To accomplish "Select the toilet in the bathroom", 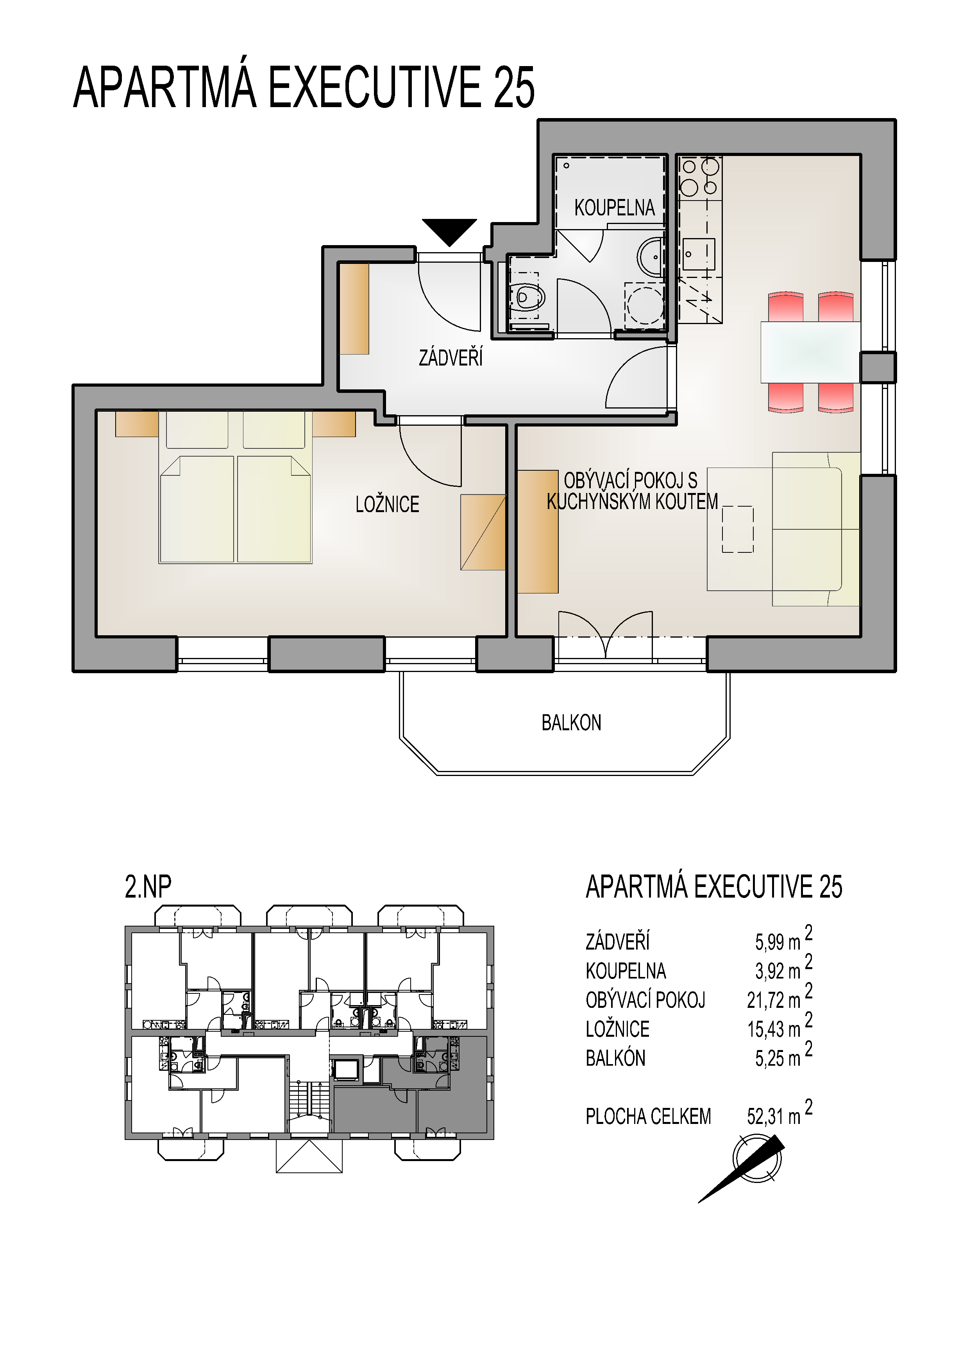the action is [x=526, y=296].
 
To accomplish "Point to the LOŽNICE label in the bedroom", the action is [x=387, y=505].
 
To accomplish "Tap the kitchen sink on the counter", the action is [x=698, y=254].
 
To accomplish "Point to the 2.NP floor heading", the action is [x=148, y=886].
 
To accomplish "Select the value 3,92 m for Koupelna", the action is [x=778, y=971].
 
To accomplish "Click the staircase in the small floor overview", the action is [x=309, y=1099].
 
